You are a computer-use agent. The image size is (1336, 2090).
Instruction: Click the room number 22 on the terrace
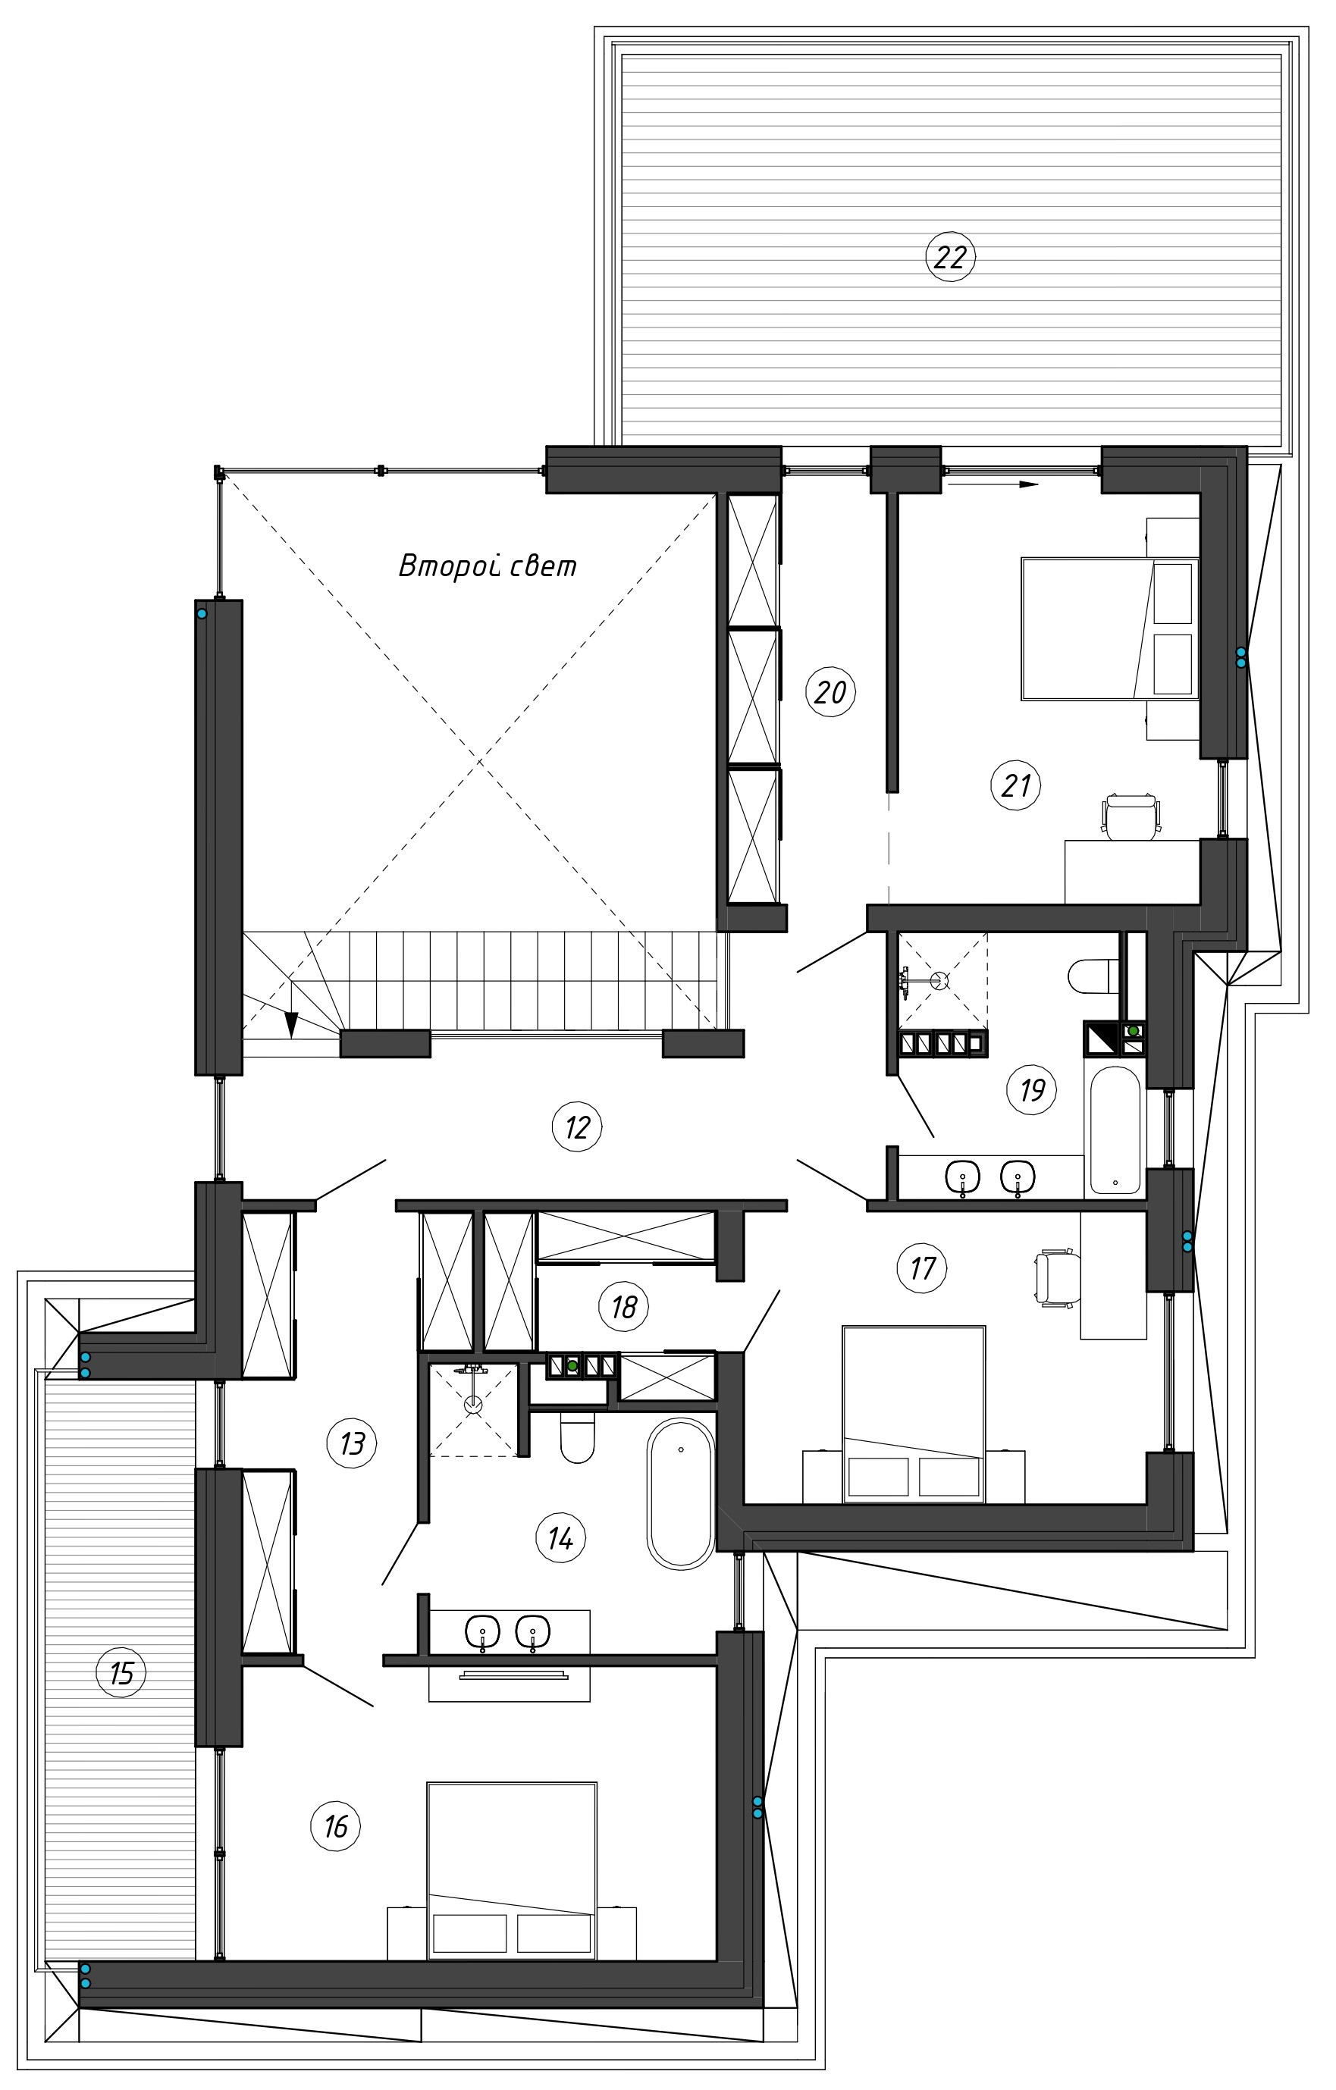pyautogui.click(x=951, y=257)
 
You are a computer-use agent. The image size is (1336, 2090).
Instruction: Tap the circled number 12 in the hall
pyautogui.click(x=577, y=1127)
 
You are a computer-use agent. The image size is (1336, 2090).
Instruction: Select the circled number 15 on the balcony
pyautogui.click(x=121, y=1672)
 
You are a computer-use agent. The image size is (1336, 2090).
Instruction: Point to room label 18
pyautogui.click(x=624, y=1306)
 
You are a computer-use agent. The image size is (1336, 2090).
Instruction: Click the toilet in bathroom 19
pyautogui.click(x=1094, y=976)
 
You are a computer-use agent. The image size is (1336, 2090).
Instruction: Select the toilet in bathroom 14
pyautogui.click(x=577, y=1437)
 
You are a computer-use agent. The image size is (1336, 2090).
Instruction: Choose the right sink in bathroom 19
pyautogui.click(x=1018, y=1178)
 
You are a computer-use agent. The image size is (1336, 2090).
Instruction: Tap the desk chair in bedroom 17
pyautogui.click(x=1057, y=1276)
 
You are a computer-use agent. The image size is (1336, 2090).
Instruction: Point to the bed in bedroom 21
pyautogui.click(x=1109, y=628)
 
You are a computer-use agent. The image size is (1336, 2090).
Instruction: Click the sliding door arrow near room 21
pyautogui.click(x=993, y=485)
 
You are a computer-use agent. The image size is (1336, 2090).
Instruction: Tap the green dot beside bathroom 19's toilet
pyautogui.click(x=1133, y=1031)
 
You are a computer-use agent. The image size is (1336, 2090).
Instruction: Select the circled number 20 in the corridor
pyautogui.click(x=831, y=692)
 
